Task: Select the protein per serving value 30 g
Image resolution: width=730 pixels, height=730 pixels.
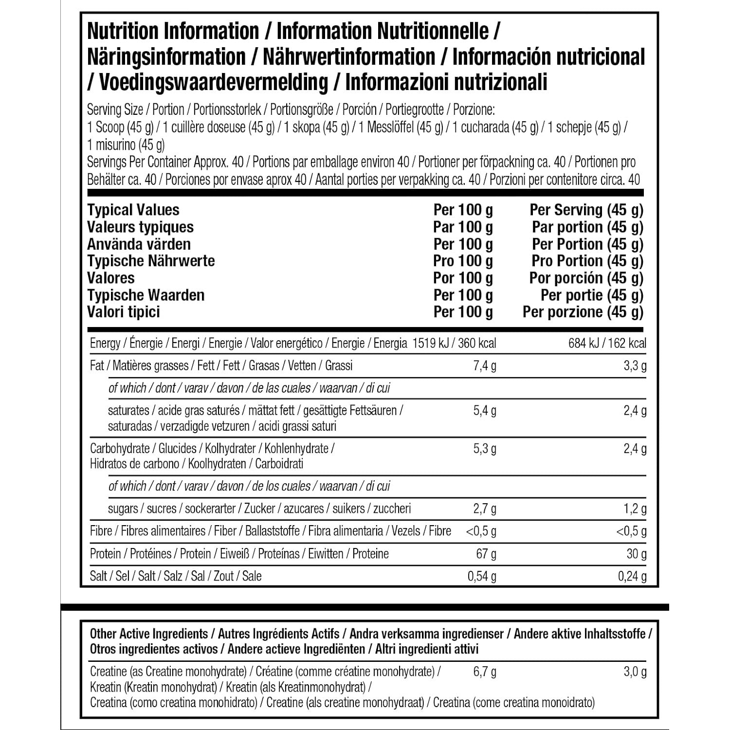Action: [636, 554]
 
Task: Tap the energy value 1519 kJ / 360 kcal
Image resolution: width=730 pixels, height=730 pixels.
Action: [454, 344]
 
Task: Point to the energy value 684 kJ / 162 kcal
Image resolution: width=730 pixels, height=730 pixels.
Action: [607, 344]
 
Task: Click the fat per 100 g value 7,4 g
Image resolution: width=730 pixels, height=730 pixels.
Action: [485, 366]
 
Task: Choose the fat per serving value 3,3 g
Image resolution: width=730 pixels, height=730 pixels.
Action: [635, 366]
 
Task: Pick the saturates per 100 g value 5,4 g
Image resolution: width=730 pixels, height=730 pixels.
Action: [485, 411]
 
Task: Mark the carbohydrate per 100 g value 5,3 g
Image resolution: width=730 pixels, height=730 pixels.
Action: [485, 449]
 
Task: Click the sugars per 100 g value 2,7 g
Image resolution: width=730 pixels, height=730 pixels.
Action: [485, 509]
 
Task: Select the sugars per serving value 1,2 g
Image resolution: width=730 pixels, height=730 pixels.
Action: [635, 509]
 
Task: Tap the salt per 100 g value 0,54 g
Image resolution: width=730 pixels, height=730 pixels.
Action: [482, 577]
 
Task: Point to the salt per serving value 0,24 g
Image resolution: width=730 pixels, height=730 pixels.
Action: [632, 577]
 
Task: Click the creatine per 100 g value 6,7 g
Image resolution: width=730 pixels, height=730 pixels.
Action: [485, 672]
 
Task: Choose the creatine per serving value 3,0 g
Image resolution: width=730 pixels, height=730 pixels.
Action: [635, 672]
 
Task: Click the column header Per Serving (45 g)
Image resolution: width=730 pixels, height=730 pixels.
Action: [586, 210]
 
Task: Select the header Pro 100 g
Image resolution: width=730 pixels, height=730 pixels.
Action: [463, 261]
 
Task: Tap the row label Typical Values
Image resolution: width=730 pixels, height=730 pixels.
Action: [133, 210]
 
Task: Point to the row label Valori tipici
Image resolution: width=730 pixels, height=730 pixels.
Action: [124, 312]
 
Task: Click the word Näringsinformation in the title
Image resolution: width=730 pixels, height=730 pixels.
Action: [166, 57]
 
